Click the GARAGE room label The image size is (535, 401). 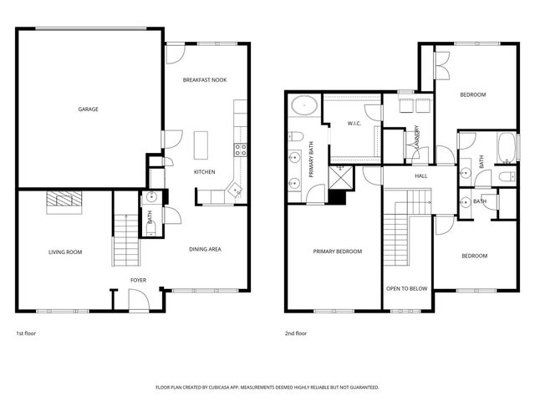point(88,109)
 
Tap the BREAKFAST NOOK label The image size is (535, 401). point(205,80)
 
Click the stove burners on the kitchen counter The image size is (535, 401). point(240,150)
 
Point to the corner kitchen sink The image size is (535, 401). point(237,190)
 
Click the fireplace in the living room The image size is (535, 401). point(64,200)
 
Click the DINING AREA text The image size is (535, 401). point(204,249)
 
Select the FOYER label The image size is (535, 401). point(138,280)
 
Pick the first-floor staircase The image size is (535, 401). point(124,238)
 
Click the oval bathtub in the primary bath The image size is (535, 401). point(303,107)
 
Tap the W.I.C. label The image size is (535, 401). point(354,124)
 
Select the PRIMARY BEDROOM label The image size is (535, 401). point(338,251)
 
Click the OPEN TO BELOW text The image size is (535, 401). point(406,288)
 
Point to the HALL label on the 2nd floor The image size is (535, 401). point(421,176)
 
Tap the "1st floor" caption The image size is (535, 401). point(26,333)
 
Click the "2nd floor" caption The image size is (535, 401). point(296,333)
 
